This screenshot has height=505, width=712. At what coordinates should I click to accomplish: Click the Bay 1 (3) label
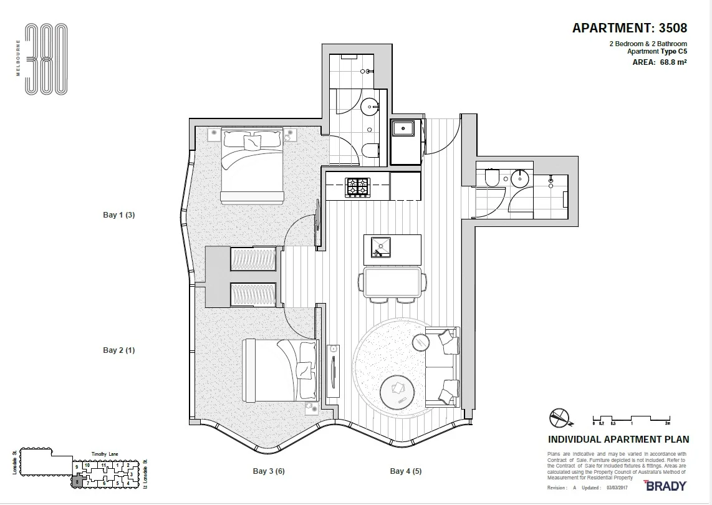118,215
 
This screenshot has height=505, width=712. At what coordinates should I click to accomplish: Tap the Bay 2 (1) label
118,350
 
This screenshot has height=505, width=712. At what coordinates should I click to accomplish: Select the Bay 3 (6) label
268,471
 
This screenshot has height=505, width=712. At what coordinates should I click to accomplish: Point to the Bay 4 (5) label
406,471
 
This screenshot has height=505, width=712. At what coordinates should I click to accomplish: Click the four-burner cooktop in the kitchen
358,186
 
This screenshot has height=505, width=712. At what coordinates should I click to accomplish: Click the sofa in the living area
444,367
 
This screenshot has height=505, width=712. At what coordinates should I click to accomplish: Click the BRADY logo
665,486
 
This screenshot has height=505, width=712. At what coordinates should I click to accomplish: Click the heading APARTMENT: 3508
630,28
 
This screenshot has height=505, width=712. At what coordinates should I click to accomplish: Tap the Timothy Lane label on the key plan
104,454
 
